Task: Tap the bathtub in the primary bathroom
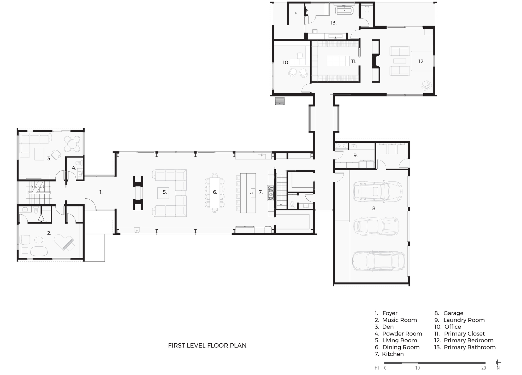coord(344,11)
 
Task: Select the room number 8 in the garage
coord(374,209)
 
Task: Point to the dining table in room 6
coord(215,193)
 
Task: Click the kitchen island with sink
coord(248,193)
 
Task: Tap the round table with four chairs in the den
coord(72,144)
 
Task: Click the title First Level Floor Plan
coord(207,345)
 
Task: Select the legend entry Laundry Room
coord(459,320)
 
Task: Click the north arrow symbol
coord(498,363)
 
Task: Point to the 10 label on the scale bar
coord(417,368)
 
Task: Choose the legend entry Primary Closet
coord(459,334)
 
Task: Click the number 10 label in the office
coord(286,62)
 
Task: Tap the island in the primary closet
coord(338,61)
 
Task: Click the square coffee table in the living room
coord(163,193)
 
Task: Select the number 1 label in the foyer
coord(101,192)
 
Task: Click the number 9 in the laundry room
coord(355,155)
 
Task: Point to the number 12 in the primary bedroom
coord(421,61)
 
